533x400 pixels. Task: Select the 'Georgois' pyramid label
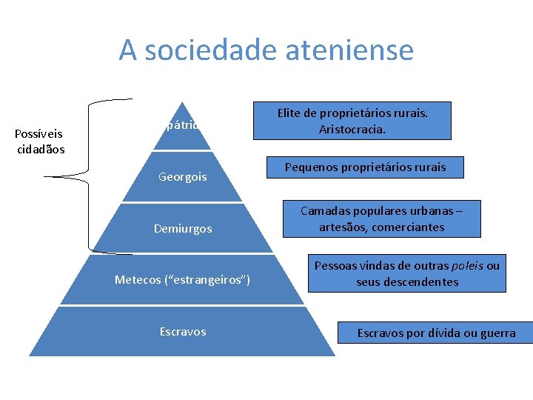(x=183, y=177)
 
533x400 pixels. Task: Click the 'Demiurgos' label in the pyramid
(x=183, y=229)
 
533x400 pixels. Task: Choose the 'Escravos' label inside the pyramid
(x=183, y=331)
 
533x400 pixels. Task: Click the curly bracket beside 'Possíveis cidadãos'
(x=89, y=176)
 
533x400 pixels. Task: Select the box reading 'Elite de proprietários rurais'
(x=352, y=121)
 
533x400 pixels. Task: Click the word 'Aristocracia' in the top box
(x=352, y=130)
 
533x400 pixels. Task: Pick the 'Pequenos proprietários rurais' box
(x=366, y=167)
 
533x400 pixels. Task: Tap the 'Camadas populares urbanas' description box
(x=382, y=219)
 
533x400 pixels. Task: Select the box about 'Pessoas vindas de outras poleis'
(x=407, y=274)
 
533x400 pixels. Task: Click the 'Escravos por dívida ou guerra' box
(x=436, y=333)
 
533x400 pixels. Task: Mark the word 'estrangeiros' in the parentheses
(x=211, y=279)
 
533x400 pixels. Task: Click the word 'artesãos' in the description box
(x=341, y=227)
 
